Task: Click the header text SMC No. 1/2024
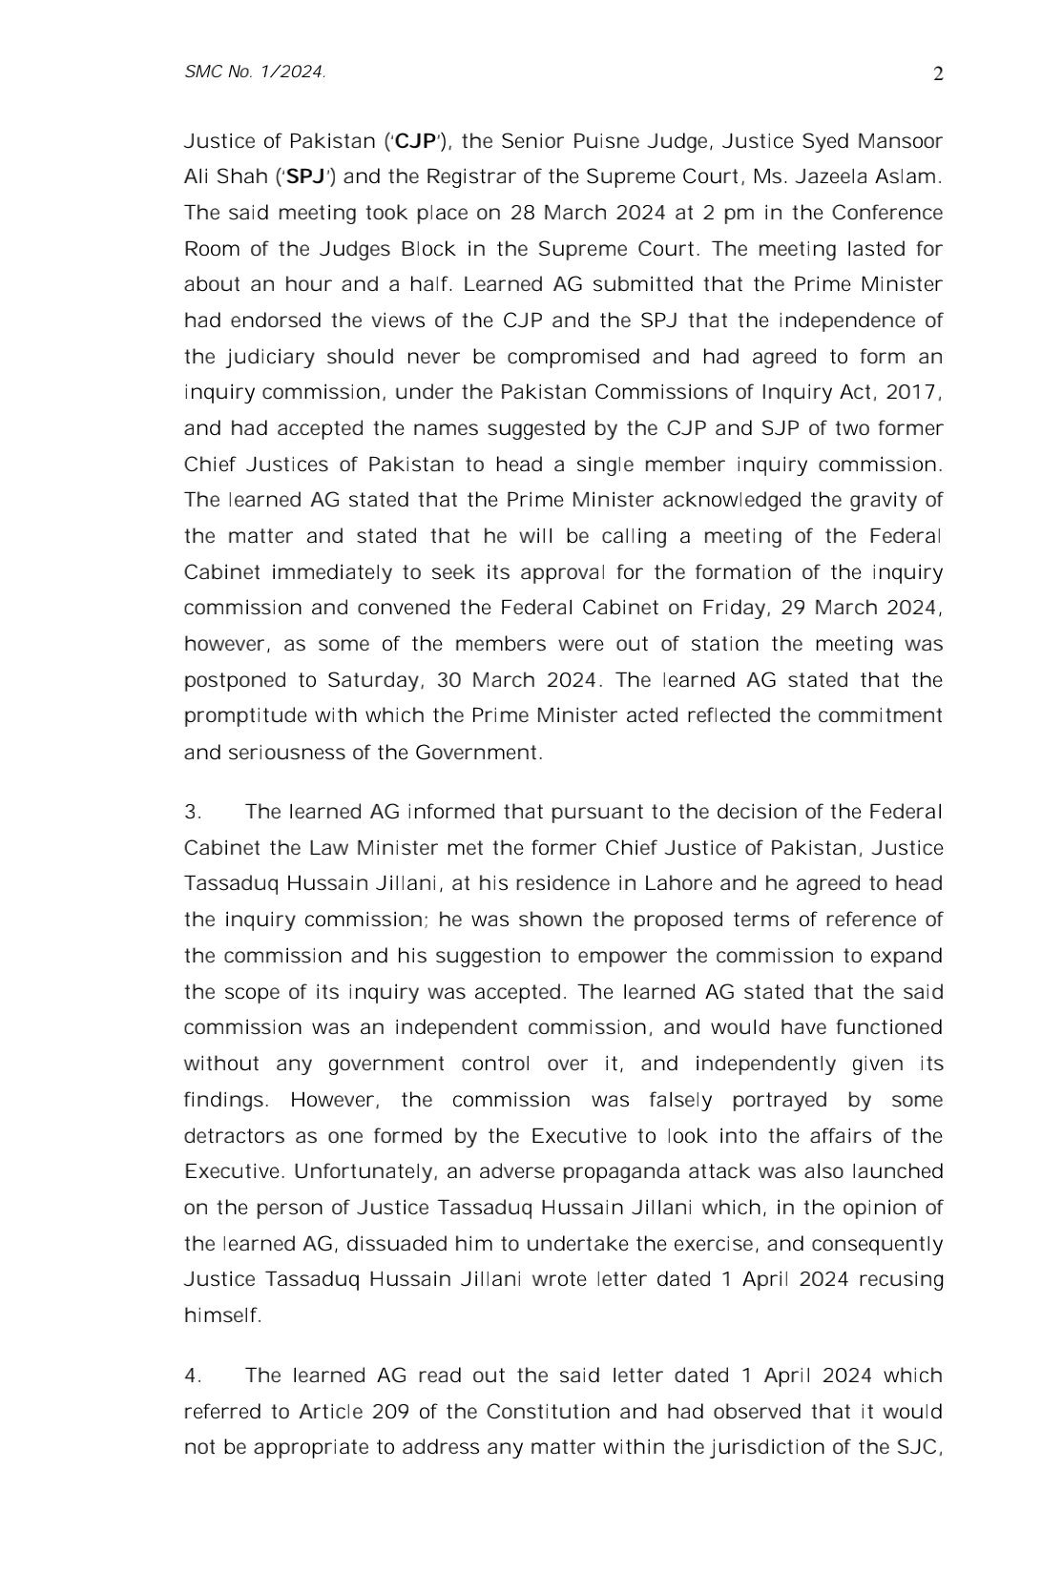[x=255, y=72]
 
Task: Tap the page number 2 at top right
[x=937, y=74]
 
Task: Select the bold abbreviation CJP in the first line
[x=415, y=142]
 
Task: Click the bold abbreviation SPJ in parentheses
[x=305, y=177]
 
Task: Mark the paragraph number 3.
[x=192, y=813]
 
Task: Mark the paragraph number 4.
[x=192, y=1376]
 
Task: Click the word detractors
[x=234, y=1136]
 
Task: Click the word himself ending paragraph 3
[x=221, y=1315]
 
